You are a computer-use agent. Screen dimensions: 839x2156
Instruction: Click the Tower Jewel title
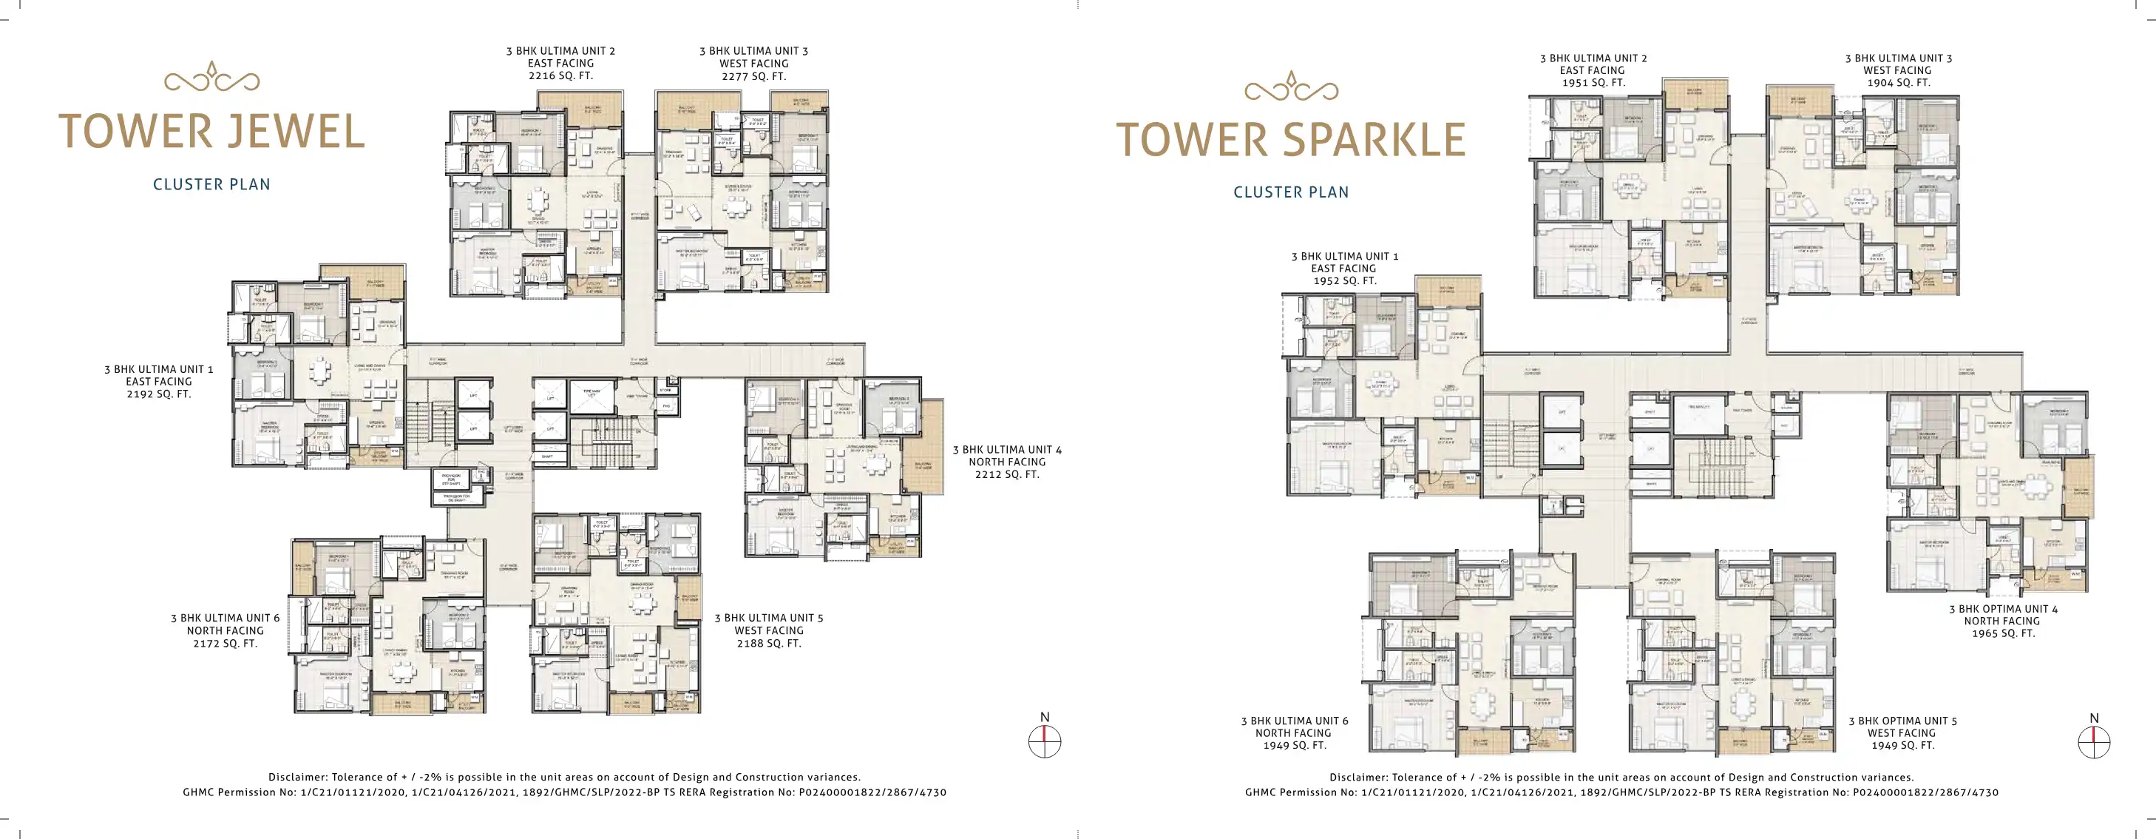[211, 132]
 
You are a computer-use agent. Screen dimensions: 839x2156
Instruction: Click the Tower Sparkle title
[1291, 140]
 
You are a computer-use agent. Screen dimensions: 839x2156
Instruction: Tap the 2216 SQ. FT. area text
[560, 75]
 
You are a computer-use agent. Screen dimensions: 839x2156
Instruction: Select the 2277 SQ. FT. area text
[753, 76]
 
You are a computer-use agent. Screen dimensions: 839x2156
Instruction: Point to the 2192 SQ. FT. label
[158, 394]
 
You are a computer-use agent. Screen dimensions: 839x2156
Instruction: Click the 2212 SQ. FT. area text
[1006, 474]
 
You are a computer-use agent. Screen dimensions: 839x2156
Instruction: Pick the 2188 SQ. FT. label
[768, 643]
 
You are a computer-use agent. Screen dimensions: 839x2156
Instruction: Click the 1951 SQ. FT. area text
[1593, 83]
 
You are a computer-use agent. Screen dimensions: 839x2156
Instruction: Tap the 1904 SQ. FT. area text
[1898, 83]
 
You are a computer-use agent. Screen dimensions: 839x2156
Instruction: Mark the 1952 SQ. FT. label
[1344, 280]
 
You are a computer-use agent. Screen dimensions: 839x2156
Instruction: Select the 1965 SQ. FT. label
[2002, 633]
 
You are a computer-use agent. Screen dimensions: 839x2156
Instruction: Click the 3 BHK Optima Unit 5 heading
[1902, 720]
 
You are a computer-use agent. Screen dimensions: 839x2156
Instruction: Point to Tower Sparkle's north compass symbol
[2093, 740]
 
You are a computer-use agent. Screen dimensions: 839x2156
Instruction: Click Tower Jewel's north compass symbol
[1044, 740]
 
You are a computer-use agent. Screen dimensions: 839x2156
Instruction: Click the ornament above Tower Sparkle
[1291, 87]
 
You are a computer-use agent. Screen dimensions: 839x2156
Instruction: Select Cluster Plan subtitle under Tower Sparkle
[1291, 192]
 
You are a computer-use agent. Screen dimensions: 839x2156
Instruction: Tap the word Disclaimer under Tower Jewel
[297, 777]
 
